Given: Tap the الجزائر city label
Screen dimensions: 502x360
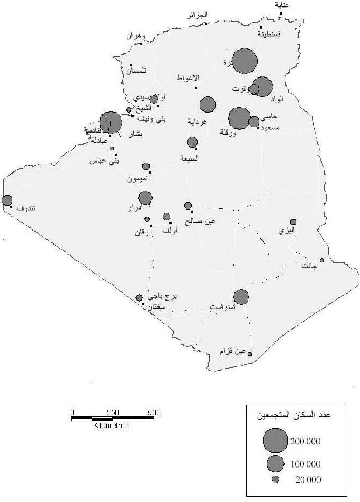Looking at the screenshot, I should [197, 15].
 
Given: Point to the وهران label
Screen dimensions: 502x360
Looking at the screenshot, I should [136, 36].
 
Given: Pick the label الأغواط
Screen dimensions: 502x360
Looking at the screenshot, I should [188, 78].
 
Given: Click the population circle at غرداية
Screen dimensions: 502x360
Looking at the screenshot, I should [207, 104].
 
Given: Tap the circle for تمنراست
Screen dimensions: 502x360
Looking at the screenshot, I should [241, 297].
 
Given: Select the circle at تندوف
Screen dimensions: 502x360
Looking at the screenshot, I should [7, 200].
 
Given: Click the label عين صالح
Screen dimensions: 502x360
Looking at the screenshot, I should [200, 220].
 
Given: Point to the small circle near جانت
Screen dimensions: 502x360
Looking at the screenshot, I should [322, 260].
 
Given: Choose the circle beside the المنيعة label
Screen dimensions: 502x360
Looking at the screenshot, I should [192, 142].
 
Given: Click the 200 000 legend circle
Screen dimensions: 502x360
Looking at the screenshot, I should [275, 441].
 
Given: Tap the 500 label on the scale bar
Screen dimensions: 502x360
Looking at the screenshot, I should [154, 413].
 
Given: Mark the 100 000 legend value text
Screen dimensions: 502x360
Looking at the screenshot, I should [306, 464].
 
